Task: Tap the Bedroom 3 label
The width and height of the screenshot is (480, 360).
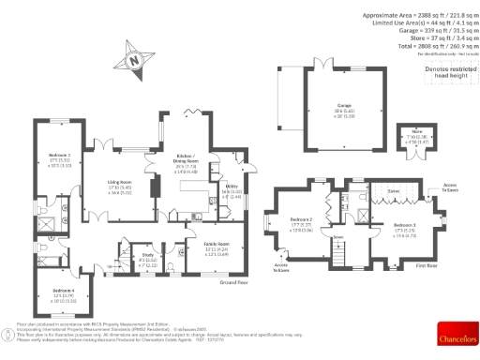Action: point(404,225)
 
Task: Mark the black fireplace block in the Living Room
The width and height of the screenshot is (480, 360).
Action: point(156,184)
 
